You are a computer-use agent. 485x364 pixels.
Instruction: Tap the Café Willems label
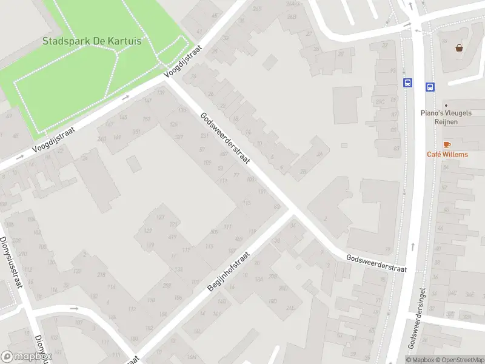coord(447,154)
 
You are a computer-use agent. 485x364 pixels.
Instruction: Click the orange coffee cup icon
coord(447,144)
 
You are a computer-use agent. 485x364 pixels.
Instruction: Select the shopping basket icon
coord(460,47)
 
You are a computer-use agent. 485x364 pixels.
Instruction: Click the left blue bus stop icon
coord(407,83)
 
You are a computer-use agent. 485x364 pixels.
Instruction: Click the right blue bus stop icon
coord(430,87)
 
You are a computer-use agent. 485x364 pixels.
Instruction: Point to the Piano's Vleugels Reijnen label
coord(447,117)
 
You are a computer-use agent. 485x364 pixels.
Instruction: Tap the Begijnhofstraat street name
coord(229,272)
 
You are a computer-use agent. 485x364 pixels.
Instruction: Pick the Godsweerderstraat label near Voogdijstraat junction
coord(225,140)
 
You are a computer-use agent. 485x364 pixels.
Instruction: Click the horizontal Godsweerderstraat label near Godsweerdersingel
coord(376,263)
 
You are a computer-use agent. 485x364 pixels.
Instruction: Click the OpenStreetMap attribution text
coord(458,360)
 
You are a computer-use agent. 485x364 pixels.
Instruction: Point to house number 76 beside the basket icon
coord(444,41)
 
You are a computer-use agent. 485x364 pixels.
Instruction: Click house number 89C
coord(380,103)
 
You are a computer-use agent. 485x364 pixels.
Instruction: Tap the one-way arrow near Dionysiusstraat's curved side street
coord(75,308)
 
